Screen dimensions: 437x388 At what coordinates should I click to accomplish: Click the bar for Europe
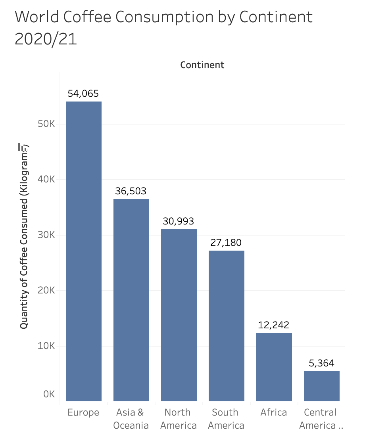tap(84, 251)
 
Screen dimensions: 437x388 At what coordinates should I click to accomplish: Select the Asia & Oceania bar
tap(131, 300)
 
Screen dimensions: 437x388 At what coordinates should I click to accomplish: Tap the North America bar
tap(179, 315)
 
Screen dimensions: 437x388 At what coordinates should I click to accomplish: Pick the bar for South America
tap(227, 326)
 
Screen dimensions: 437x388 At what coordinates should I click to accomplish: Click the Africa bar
tap(274, 367)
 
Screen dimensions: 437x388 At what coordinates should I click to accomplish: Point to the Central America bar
tap(322, 386)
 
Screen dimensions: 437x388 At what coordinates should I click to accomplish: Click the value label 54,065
tap(83, 94)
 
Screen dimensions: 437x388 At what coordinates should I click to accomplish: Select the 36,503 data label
tap(131, 191)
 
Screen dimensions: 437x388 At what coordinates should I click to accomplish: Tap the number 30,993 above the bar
tap(179, 221)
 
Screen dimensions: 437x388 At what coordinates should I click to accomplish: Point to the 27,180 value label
tap(226, 242)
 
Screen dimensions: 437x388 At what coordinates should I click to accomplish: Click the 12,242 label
tap(274, 325)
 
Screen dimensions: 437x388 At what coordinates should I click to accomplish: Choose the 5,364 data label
tap(321, 363)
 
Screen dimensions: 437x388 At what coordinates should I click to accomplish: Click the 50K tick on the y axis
tap(46, 124)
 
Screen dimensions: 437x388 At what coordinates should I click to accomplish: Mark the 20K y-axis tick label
tap(46, 291)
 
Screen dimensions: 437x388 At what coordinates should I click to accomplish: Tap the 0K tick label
tap(49, 394)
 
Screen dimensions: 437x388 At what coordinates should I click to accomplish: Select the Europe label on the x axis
tap(83, 412)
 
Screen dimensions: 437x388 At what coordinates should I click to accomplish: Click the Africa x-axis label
tap(274, 412)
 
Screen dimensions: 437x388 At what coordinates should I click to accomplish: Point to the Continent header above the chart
tap(202, 65)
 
